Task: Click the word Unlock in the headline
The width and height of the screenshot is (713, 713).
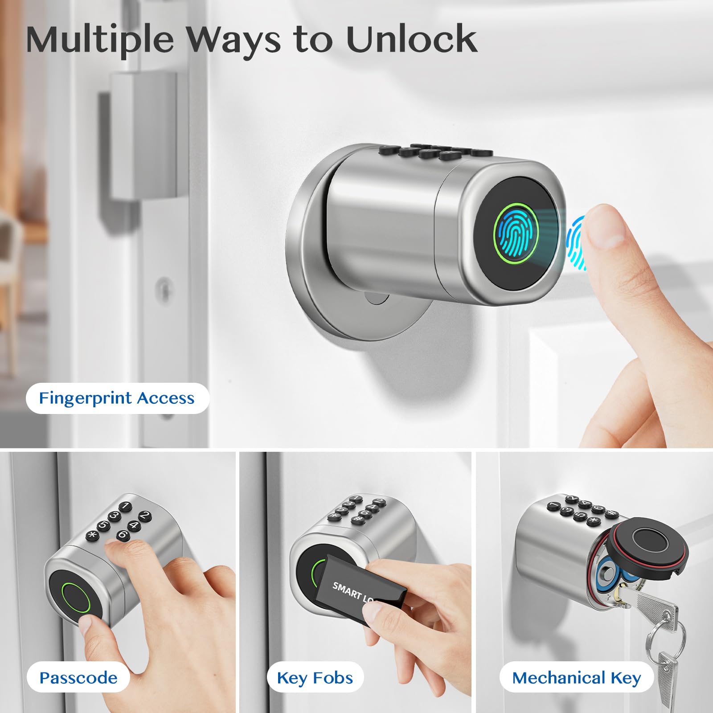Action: (411, 39)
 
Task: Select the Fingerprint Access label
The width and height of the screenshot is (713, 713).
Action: (117, 398)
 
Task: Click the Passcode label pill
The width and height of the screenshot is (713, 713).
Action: (78, 678)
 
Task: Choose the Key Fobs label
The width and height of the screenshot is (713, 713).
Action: (315, 678)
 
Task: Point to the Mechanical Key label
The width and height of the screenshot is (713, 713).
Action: (577, 678)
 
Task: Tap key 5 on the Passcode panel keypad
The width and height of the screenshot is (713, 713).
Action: (103, 525)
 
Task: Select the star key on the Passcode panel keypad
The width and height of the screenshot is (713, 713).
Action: (92, 534)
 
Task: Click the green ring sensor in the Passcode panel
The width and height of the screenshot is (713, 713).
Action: (76, 598)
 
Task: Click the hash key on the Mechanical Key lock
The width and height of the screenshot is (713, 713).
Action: (611, 513)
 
